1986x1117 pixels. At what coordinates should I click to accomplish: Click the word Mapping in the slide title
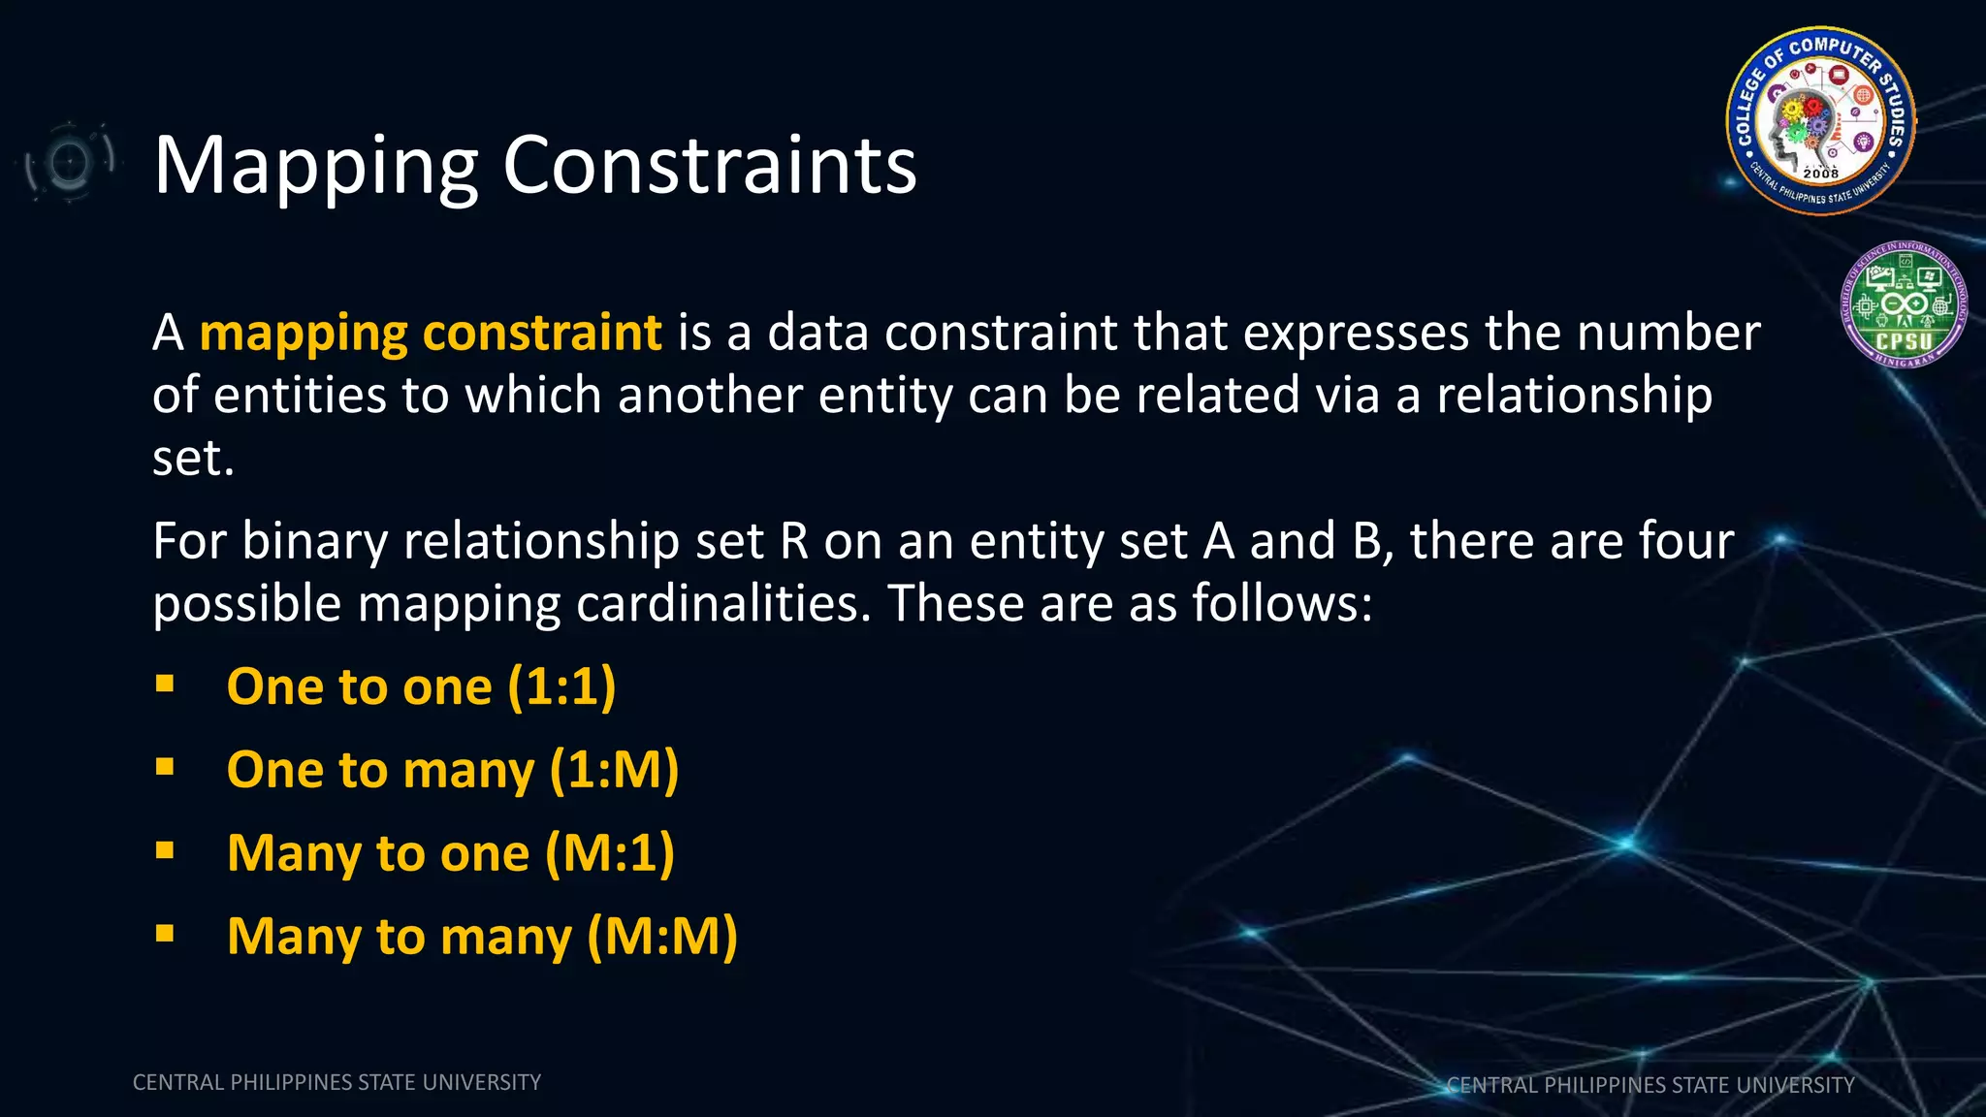pos(316,167)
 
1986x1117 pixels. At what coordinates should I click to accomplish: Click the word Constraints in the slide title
pos(709,165)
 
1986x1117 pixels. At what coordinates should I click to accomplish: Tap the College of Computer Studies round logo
pos(1820,120)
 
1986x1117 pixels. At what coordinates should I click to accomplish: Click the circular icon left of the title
pos(69,162)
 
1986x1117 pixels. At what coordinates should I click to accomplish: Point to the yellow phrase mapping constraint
pos(431,334)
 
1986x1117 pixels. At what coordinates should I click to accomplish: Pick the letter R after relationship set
pos(794,541)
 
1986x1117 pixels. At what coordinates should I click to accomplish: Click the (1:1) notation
pos(561,686)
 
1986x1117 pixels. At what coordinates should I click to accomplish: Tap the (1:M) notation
pos(614,770)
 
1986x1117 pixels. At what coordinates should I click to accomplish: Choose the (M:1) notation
pos(609,853)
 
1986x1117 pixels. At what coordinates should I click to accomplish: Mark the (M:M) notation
pos(662,937)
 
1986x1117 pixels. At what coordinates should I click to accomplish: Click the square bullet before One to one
pos(165,685)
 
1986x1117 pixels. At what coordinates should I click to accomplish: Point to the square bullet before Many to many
pos(165,934)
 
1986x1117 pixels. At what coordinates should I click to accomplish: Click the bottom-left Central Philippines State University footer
pos(336,1082)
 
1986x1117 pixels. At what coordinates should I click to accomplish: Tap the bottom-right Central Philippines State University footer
pos(1650,1085)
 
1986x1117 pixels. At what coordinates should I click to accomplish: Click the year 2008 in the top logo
pos(1820,174)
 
